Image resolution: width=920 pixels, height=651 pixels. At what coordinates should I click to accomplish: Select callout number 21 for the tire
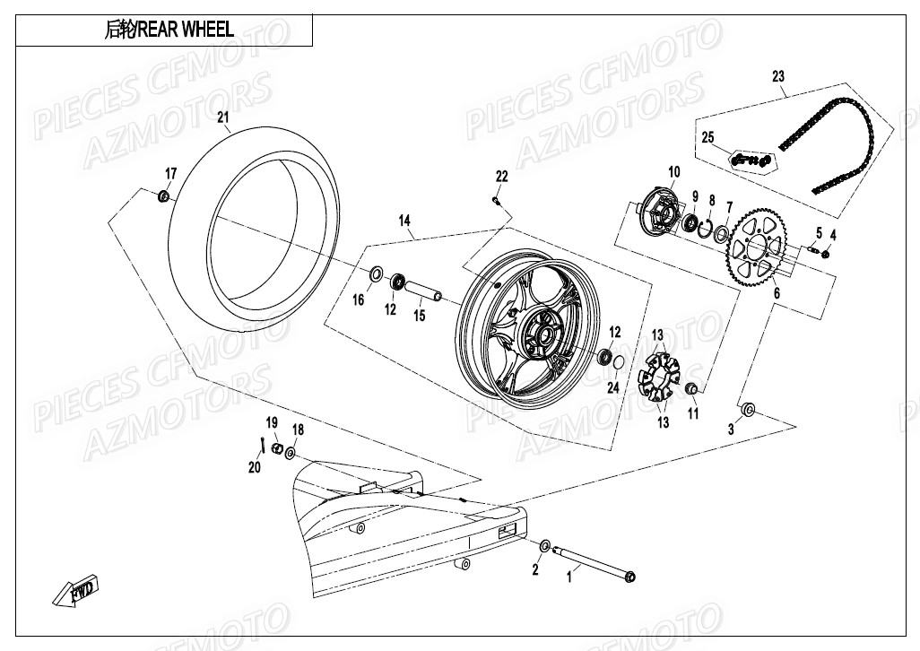223,117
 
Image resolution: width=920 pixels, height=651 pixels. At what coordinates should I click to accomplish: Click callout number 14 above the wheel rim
404,221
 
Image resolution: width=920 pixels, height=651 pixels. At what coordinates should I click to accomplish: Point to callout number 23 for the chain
777,76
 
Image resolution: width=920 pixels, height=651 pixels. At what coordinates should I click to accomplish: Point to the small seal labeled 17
163,196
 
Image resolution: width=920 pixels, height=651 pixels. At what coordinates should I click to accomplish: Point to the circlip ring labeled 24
619,361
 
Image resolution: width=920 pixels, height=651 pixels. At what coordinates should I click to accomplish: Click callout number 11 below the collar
693,413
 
